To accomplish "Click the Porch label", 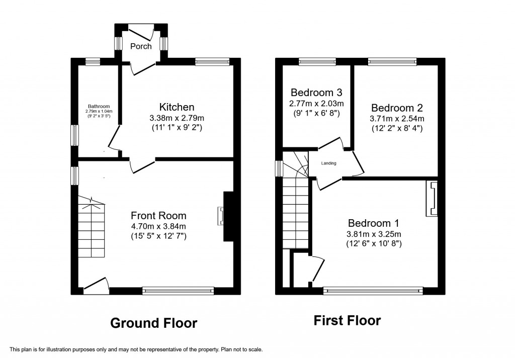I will (x=141, y=46).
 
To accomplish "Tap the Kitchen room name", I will (x=177, y=107).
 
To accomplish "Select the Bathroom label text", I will (x=99, y=106).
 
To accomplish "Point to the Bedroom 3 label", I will (x=316, y=93).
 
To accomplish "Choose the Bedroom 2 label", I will (x=397, y=108).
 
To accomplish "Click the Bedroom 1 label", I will (x=373, y=223).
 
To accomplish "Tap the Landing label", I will (x=329, y=163).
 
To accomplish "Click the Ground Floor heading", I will (x=153, y=322).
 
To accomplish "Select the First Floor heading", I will (x=347, y=320).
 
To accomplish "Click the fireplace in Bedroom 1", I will (x=432, y=199).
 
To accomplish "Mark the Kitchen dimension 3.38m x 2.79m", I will (x=177, y=118).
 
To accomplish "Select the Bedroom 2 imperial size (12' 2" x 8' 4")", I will (x=397, y=129).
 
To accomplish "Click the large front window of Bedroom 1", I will (x=373, y=290).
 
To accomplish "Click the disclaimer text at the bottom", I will (x=136, y=349).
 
